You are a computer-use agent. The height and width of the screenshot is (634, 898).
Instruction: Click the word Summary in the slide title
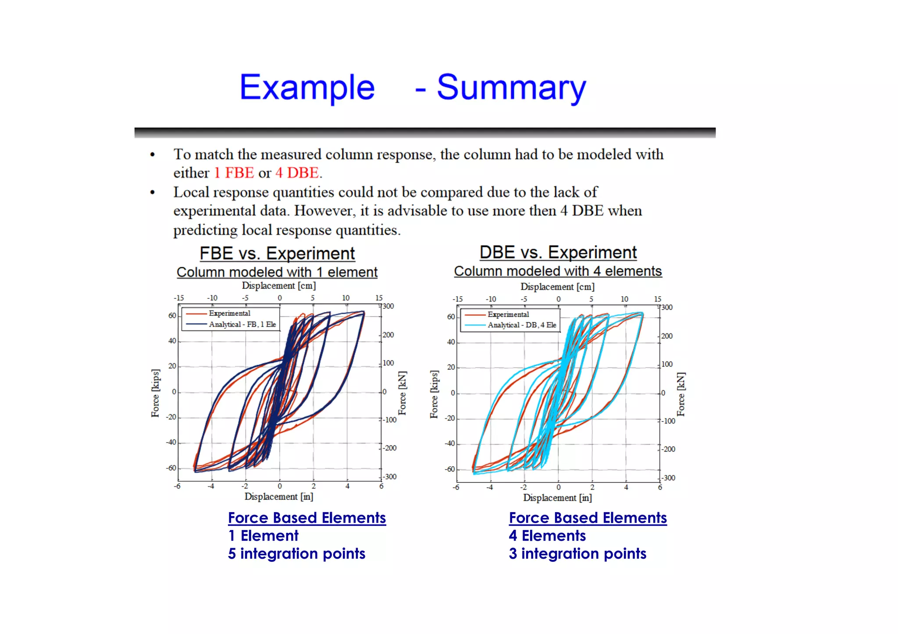(511, 88)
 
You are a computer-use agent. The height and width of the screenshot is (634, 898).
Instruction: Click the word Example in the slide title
(307, 88)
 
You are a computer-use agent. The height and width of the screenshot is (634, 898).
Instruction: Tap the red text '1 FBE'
(234, 173)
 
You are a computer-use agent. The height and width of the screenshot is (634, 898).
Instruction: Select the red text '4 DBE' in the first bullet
(297, 173)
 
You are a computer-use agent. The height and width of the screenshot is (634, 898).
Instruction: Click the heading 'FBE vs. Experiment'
(277, 253)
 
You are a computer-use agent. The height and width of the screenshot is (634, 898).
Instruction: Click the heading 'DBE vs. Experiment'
(558, 252)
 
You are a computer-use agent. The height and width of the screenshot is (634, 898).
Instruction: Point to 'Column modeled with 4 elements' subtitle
(558, 271)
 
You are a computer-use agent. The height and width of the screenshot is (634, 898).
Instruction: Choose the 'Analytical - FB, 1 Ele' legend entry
(242, 324)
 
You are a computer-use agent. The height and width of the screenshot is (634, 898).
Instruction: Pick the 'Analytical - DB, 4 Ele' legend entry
(521, 325)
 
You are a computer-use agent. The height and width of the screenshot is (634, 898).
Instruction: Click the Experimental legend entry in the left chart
(229, 313)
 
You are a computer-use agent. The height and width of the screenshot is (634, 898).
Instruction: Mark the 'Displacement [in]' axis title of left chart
(279, 496)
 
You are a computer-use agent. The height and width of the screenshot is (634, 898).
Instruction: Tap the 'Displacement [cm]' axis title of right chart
(557, 287)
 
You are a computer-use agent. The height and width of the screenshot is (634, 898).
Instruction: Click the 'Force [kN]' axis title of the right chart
(681, 394)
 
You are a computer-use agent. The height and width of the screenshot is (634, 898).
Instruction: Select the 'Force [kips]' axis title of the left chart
(155, 393)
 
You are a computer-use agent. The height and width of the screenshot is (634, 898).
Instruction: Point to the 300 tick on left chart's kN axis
(388, 306)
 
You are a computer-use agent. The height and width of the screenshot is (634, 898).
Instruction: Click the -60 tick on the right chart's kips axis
(450, 469)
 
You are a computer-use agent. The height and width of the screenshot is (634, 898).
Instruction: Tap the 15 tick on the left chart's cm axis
(379, 298)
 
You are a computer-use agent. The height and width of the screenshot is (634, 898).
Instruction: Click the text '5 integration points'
(296, 554)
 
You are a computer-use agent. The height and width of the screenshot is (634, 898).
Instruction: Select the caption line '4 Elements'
(547, 536)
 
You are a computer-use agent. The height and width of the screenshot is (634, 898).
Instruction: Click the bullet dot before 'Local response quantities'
(153, 192)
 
